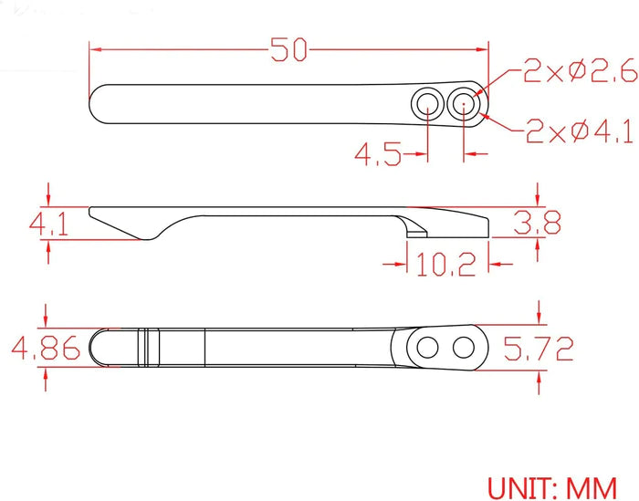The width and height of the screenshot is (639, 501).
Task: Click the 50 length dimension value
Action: point(289,50)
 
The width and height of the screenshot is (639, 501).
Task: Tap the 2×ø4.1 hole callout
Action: point(579,133)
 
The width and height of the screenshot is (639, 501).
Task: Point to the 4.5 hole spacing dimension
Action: point(378,156)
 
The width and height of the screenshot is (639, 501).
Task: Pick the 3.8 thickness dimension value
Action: point(538,222)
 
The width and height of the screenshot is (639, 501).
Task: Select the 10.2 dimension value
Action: point(446,266)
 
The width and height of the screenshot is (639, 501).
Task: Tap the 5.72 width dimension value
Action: point(539,349)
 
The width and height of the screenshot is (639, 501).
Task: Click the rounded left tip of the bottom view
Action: point(99,348)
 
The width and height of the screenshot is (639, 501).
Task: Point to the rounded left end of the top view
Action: point(98,103)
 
